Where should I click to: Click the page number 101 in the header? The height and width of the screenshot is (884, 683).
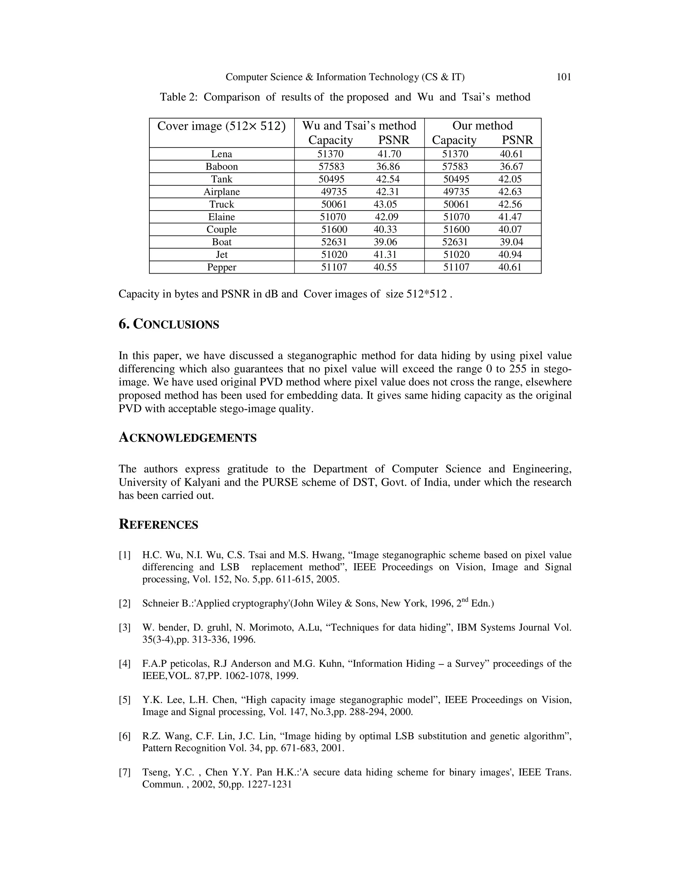[564, 77]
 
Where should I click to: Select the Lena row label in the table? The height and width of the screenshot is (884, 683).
[221, 154]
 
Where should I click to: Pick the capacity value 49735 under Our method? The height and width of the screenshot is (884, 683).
[456, 191]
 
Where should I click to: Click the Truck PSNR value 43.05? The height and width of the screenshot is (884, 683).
[385, 204]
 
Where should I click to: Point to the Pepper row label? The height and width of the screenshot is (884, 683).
[221, 267]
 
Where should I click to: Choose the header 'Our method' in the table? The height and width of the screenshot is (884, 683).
[482, 125]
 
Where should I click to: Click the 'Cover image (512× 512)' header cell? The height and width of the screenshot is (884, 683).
[221, 126]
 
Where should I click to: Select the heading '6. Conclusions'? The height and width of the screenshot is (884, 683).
[169, 324]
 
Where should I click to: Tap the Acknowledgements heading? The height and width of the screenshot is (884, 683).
[187, 438]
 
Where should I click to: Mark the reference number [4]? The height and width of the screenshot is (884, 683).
[125, 664]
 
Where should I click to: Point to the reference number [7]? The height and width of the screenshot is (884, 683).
[125, 772]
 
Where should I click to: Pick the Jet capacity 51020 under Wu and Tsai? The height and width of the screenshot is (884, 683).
[334, 255]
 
